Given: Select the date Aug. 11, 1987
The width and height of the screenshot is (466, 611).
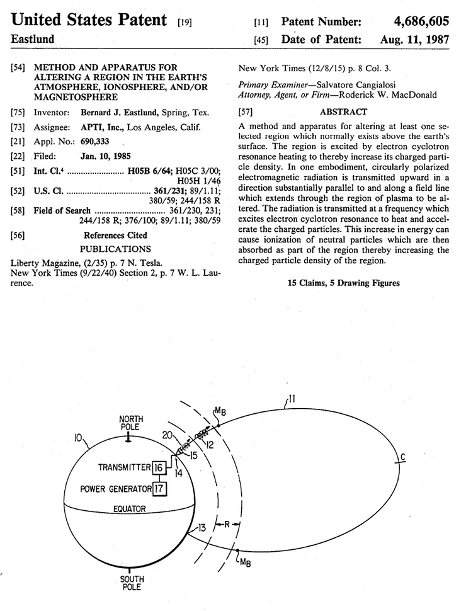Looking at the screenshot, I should coord(415,39).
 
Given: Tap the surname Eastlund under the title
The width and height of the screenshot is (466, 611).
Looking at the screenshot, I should coord(33,39).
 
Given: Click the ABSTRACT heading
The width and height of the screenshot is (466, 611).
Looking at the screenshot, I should coord(344,111).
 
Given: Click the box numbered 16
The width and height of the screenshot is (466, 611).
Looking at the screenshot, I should coord(159,467).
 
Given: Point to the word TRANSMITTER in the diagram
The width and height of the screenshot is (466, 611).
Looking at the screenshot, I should coord(123,467).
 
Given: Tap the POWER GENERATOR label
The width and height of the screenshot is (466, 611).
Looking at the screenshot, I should coord(116,489).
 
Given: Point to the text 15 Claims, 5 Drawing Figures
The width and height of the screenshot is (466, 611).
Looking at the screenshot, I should coord(343,283).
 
